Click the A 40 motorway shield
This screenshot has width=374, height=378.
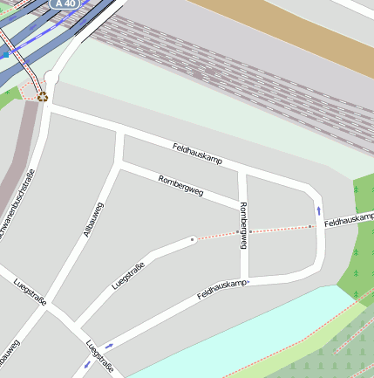click(65, 3)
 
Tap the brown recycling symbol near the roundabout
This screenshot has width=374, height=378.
click(42, 96)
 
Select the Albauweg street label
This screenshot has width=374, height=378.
click(92, 219)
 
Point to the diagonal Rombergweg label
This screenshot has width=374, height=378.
click(180, 185)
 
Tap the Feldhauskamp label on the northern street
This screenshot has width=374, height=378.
click(197, 155)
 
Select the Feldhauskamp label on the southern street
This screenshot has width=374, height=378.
click(221, 289)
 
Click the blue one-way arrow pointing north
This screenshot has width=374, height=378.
click(318, 210)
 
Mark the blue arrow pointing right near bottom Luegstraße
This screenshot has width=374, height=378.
click(108, 346)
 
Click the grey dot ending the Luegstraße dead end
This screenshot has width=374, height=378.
click(192, 239)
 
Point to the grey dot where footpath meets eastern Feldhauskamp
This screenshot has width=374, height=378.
click(309, 227)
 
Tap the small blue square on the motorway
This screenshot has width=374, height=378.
click(5, 53)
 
